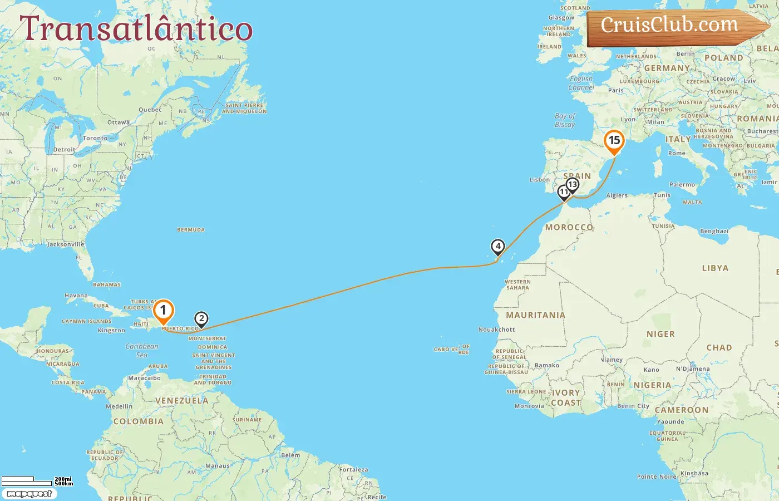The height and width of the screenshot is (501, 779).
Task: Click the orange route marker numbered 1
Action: pyautogui.click(x=163, y=311)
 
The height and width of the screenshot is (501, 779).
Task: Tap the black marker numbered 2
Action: pyautogui.click(x=201, y=319)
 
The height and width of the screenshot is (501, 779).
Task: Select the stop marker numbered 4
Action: pyautogui.click(x=498, y=246)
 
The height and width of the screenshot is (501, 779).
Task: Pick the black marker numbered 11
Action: pyautogui.click(x=564, y=192)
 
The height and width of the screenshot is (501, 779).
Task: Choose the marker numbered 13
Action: pyautogui.click(x=573, y=185)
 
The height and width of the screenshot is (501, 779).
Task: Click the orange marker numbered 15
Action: pyautogui.click(x=614, y=140)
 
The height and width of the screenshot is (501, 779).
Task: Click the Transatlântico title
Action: pyautogui.click(x=136, y=29)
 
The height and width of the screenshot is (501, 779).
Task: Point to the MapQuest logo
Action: pyautogui.click(x=29, y=494)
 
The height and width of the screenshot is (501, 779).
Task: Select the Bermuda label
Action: pyautogui.click(x=191, y=230)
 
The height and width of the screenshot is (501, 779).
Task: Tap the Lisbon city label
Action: pyautogui.click(x=540, y=180)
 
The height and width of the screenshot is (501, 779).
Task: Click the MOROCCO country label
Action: pyautogui.click(x=569, y=227)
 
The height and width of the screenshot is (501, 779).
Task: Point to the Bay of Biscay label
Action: pyautogui.click(x=565, y=120)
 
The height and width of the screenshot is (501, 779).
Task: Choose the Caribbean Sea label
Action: pyautogui.click(x=142, y=350)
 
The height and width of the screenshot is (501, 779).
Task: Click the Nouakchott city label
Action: pyautogui.click(x=496, y=330)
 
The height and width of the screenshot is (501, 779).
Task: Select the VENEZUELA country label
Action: pyautogui.click(x=181, y=401)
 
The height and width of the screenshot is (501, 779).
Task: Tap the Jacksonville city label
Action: pyautogui.click(x=66, y=244)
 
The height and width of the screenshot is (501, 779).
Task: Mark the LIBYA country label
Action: pyautogui.click(x=715, y=268)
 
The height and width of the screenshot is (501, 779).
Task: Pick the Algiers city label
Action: pyautogui.click(x=617, y=195)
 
